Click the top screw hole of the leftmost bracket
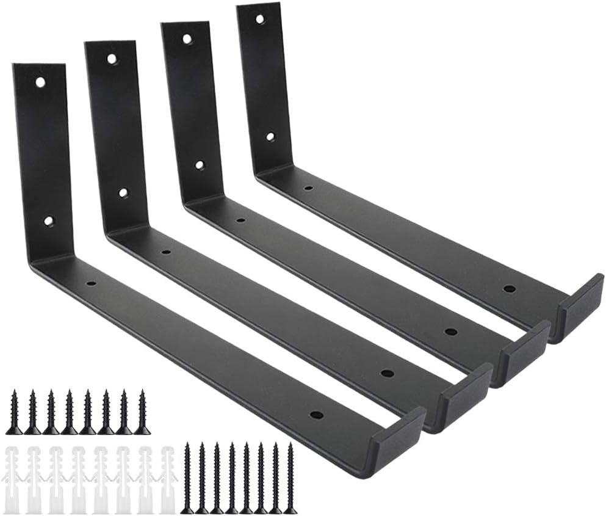click(40, 81)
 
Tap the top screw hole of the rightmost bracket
click(260, 19)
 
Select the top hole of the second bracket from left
click(112, 59)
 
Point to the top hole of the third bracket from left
click(187, 39)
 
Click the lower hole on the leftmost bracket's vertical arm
click(48, 220)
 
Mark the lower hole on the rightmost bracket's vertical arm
click(270, 137)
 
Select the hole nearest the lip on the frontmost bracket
click(316, 415)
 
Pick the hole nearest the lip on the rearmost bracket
click(509, 288)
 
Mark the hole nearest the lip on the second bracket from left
click(386, 372)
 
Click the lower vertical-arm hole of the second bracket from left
click(123, 192)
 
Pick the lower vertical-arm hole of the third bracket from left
click(200, 165)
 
